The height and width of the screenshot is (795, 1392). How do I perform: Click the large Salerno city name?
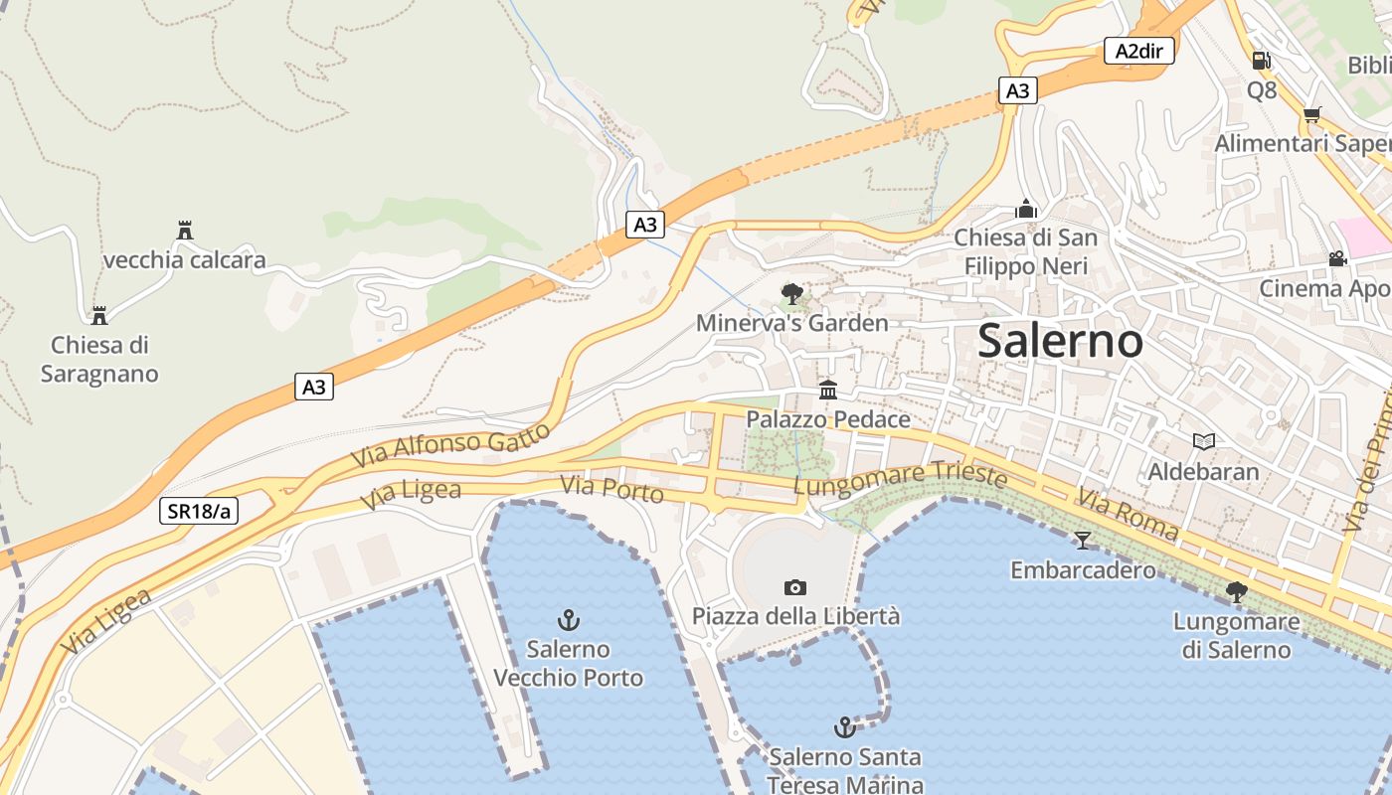pos(1060,341)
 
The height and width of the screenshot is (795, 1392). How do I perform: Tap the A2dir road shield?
pos(1139,52)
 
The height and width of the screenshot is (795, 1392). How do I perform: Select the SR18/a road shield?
pos(199,511)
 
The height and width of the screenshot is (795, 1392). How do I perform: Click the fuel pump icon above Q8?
pos(1261,61)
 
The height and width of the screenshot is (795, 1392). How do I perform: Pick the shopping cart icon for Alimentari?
pos(1312,114)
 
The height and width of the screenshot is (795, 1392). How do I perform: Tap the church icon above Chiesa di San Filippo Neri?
pos(1026,209)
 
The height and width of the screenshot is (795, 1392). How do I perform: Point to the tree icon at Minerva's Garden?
pos(792,293)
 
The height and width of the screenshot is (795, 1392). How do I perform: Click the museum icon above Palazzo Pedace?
pos(828,389)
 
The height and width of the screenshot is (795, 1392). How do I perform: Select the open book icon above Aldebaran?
pos(1203,441)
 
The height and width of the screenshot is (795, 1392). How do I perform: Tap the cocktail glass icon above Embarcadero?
pos(1083,540)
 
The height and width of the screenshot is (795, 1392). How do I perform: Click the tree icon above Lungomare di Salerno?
pos(1236,592)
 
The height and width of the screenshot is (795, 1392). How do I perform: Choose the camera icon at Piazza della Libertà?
pos(795,587)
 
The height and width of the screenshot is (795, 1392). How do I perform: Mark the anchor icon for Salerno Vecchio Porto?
pos(568,621)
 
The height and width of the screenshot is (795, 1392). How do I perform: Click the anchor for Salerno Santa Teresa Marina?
pos(844,727)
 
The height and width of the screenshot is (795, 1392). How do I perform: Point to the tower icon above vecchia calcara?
pos(184,231)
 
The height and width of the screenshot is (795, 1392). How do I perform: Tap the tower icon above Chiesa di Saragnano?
pos(99,316)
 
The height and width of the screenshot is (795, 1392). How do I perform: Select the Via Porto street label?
pos(611,489)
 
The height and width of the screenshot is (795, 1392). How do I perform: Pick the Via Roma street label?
pos(1129,515)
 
